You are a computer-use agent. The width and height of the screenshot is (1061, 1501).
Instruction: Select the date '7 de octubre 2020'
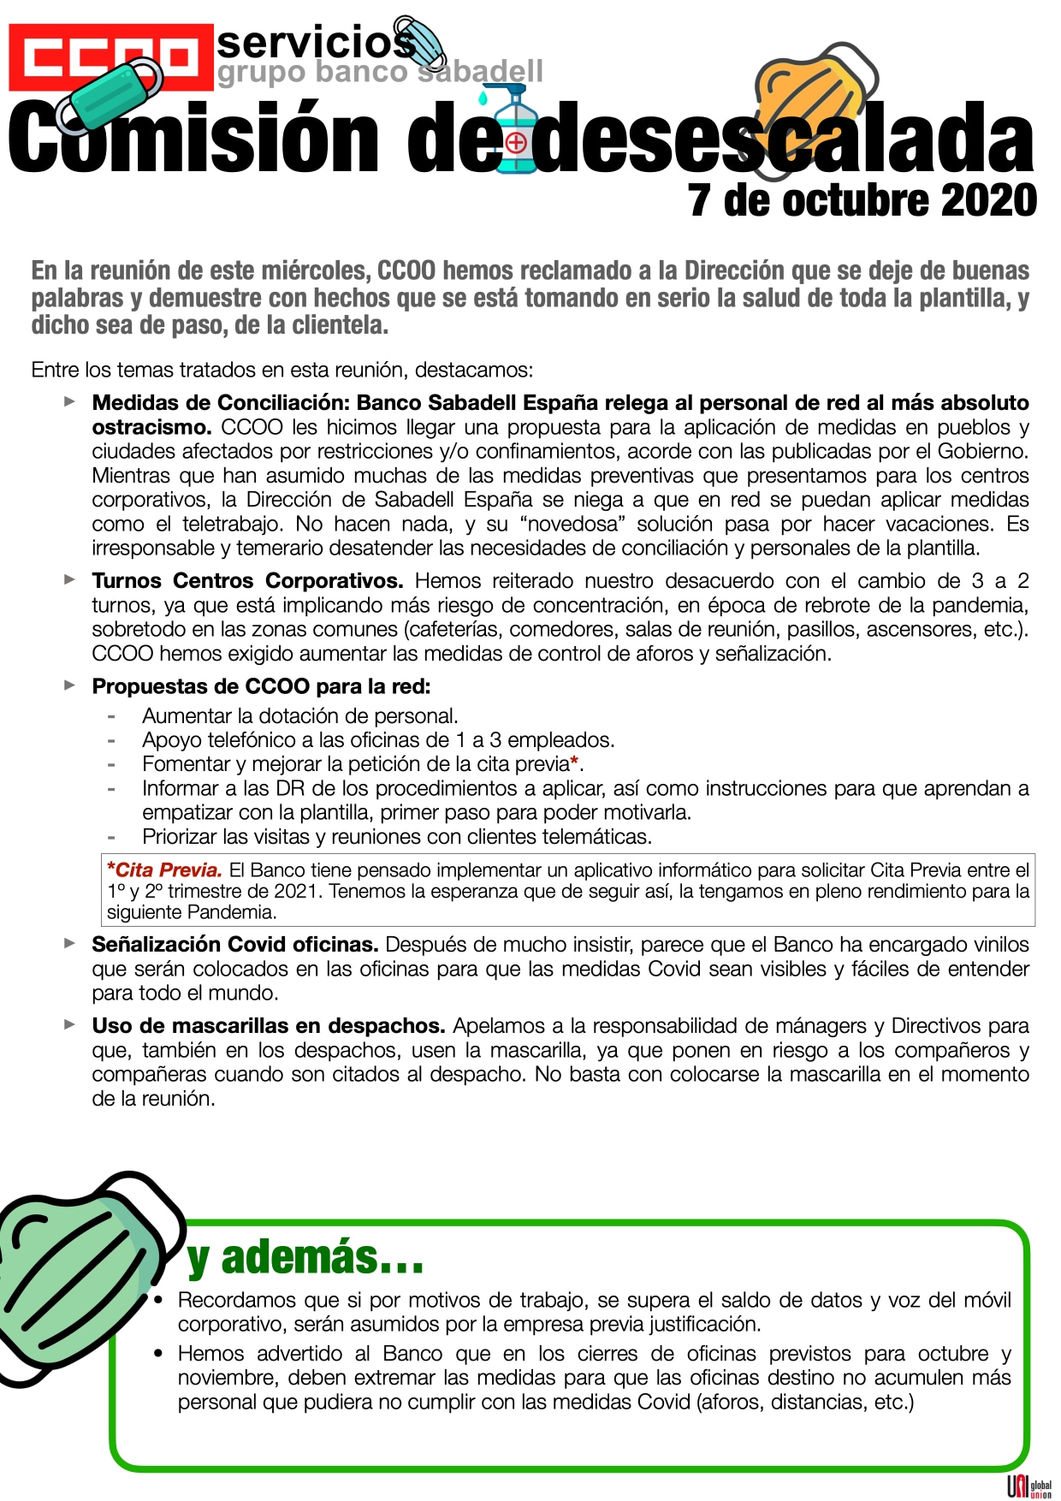click(862, 200)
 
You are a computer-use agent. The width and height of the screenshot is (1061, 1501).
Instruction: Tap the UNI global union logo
click(1028, 1487)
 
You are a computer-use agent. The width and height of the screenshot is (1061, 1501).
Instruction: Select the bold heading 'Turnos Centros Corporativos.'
click(247, 581)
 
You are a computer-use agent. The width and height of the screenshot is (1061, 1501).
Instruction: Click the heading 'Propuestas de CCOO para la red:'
click(261, 686)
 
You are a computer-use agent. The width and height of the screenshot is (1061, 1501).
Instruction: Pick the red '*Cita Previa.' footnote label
click(164, 870)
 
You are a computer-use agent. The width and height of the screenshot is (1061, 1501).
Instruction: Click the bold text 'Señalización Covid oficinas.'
click(235, 945)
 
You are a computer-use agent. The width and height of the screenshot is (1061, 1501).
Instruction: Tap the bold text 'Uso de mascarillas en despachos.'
click(269, 1026)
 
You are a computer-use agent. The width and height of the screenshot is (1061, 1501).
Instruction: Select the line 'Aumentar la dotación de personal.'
click(300, 715)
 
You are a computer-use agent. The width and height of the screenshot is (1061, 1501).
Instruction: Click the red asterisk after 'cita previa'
click(574, 762)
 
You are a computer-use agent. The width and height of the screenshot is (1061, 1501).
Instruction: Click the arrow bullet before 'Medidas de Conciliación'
click(70, 401)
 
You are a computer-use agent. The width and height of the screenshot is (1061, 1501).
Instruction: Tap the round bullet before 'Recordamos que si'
click(158, 1301)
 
